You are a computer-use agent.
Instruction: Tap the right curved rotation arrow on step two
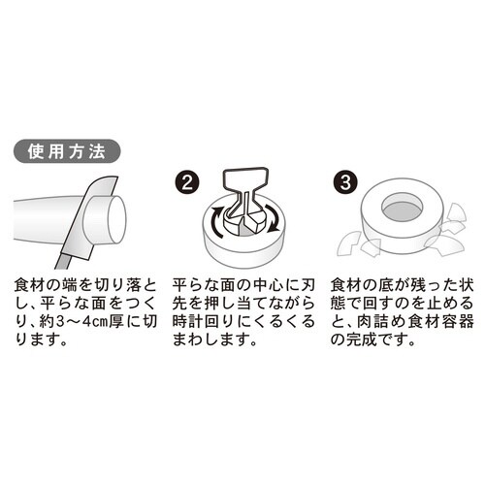click(276, 225)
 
